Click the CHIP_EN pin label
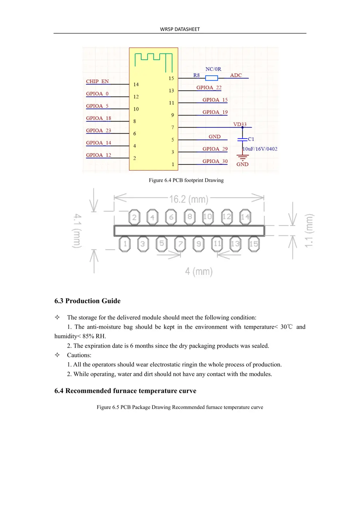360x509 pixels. click(x=97, y=81)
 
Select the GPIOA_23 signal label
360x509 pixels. click(x=99, y=131)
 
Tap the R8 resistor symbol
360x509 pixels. click(x=211, y=78)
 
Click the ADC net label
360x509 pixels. click(x=236, y=75)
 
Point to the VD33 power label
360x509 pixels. click(x=240, y=124)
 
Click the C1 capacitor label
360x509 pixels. click(x=251, y=139)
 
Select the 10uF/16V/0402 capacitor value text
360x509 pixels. click(x=260, y=149)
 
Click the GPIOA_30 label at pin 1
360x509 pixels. click(x=215, y=161)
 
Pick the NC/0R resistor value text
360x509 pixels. click(x=213, y=69)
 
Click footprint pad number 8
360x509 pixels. click(x=189, y=217)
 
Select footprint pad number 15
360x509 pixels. click(x=253, y=244)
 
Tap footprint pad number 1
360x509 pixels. click(x=125, y=244)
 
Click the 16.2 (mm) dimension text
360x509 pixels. click(x=189, y=199)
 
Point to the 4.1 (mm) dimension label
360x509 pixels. click(x=77, y=231)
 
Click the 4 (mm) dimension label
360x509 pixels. click(x=199, y=272)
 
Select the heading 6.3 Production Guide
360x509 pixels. click(x=87, y=301)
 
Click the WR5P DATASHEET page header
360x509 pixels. click(x=180, y=29)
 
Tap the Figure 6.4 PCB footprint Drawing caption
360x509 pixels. click(x=186, y=180)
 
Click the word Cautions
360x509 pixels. click(x=79, y=355)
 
